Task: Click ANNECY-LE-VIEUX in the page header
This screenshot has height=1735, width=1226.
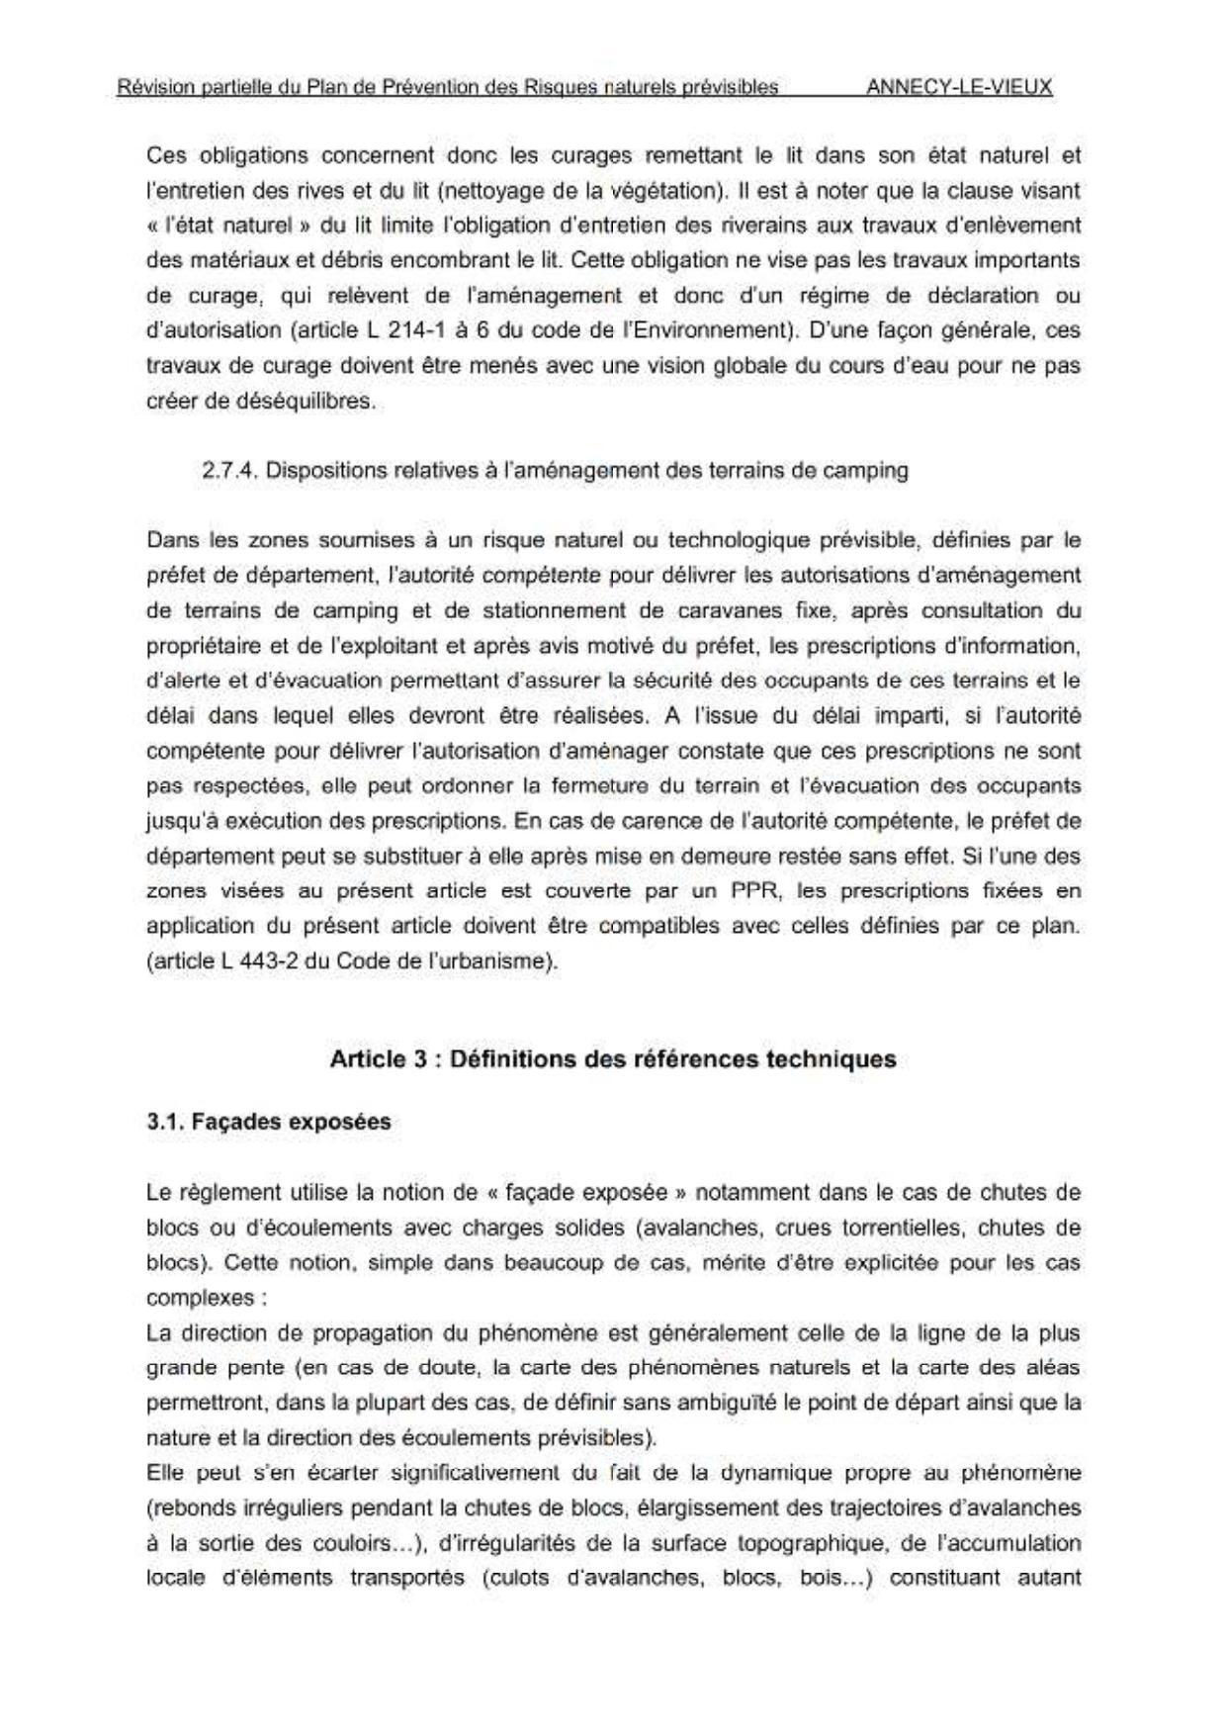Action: (958, 86)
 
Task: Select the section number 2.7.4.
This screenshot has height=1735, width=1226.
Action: (229, 470)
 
